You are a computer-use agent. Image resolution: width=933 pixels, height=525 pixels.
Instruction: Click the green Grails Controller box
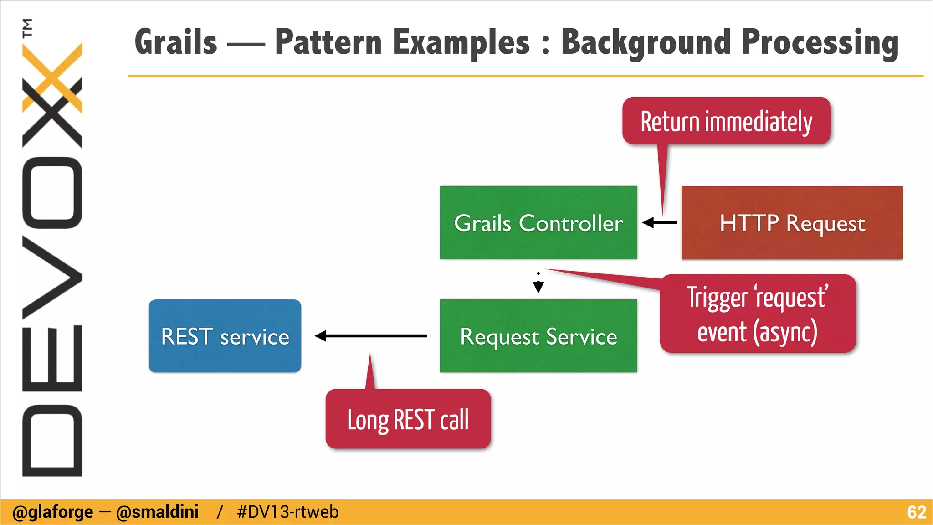(x=538, y=223)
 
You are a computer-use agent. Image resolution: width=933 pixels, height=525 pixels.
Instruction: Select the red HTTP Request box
(x=792, y=223)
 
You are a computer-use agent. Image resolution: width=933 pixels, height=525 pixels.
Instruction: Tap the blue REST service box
(x=225, y=336)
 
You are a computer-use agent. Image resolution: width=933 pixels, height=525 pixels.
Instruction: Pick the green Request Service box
(x=538, y=336)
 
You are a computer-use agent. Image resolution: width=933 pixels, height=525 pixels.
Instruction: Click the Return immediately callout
(x=726, y=121)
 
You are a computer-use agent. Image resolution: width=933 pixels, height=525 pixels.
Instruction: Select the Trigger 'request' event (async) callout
(x=757, y=314)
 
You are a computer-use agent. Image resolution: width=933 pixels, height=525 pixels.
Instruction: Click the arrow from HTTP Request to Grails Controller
(x=659, y=223)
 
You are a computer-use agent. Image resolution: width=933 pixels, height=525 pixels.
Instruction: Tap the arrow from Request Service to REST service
(x=371, y=336)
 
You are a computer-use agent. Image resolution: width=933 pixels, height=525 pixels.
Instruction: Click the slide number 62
(x=916, y=512)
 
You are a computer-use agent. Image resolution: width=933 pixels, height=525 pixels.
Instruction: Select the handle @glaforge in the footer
(x=52, y=512)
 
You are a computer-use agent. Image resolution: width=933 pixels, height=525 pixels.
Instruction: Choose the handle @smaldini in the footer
(x=157, y=512)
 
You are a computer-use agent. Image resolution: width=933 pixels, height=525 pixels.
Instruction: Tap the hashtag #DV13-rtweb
(x=287, y=512)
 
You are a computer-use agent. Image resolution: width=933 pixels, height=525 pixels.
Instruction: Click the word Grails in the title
(x=176, y=42)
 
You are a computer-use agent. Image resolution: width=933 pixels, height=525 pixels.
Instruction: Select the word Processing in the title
(x=820, y=42)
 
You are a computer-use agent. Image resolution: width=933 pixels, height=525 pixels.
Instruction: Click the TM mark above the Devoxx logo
(x=28, y=27)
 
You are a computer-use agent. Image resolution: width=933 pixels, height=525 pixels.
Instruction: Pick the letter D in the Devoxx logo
(x=52, y=440)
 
